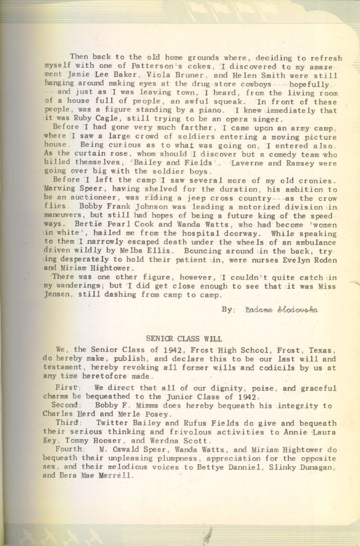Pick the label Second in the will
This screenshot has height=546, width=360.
[66, 405]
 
